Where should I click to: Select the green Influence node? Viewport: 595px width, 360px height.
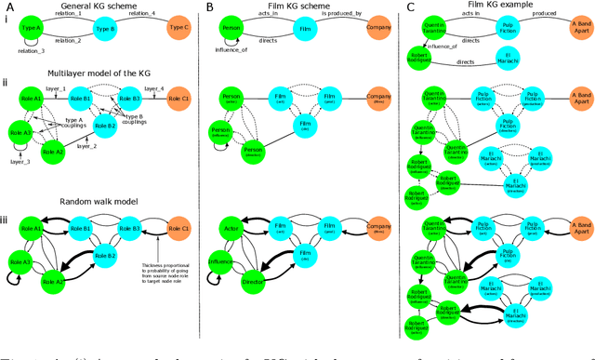[221, 261]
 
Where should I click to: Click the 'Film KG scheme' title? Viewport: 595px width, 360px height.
[295, 7]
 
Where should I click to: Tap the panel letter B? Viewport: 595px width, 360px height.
[210, 7]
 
